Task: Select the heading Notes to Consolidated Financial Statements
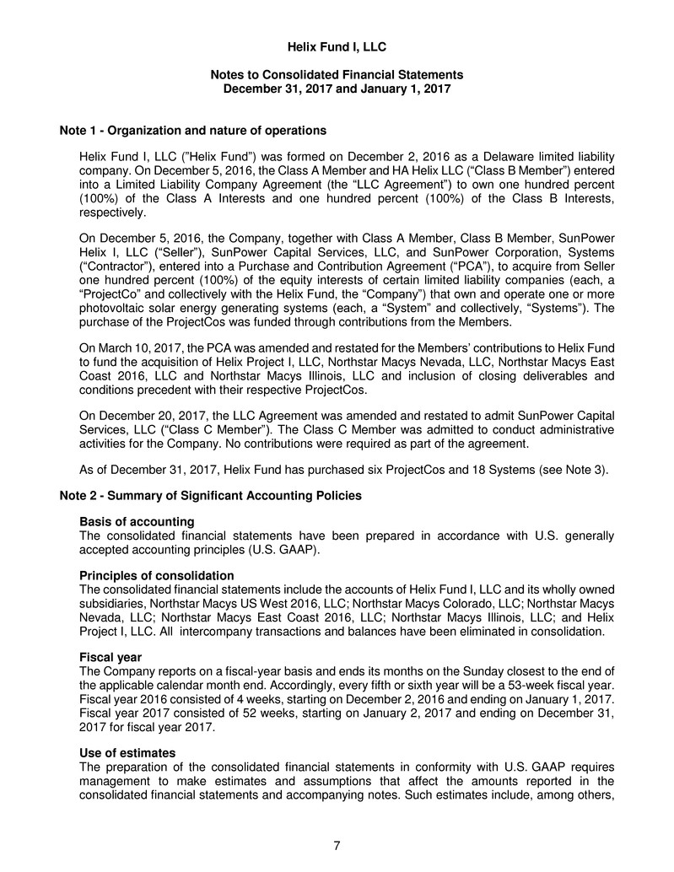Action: [337, 75]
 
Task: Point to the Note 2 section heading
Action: [211, 496]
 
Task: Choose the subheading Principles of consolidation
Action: [156, 575]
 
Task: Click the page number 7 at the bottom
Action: [337, 846]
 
